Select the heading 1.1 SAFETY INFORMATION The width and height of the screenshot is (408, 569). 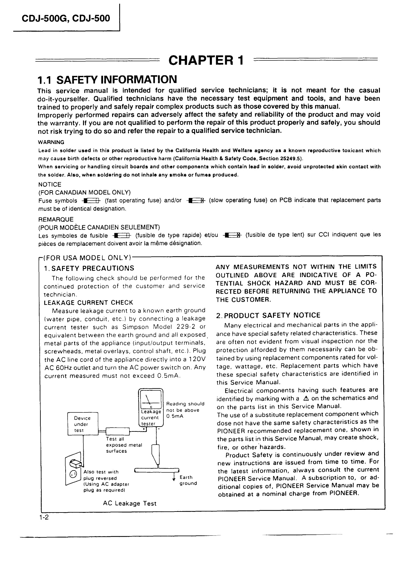(107, 79)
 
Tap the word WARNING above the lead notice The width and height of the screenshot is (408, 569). (51, 142)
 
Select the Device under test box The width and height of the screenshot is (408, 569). (82, 424)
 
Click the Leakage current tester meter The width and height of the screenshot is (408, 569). (151, 408)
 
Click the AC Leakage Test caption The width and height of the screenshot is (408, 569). (130, 503)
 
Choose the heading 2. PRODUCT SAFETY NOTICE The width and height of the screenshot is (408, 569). (268, 315)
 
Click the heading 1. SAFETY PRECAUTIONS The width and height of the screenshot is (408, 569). (89, 268)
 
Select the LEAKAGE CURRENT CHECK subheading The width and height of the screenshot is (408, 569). (88, 303)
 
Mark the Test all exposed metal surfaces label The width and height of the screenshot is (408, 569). (124, 445)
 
